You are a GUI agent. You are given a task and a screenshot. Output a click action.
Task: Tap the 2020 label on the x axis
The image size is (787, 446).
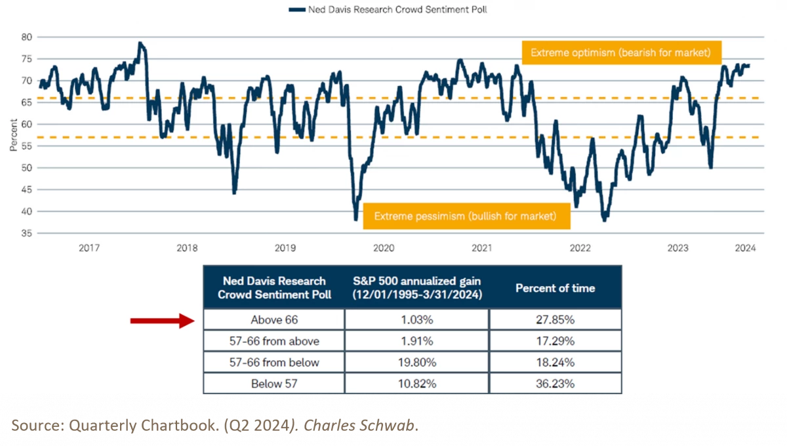(383, 248)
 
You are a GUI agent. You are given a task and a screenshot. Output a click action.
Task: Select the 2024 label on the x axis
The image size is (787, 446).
(745, 248)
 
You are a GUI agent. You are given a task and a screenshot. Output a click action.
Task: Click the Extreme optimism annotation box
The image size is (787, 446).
(620, 52)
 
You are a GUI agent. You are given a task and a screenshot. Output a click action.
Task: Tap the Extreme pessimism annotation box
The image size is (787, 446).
(465, 216)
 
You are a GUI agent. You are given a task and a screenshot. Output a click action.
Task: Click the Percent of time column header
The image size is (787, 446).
(555, 288)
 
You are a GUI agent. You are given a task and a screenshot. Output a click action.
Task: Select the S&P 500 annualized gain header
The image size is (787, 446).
(416, 288)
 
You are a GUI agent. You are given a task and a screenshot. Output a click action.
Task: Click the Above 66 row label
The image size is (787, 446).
(273, 320)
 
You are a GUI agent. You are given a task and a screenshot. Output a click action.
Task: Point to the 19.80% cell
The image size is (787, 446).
(416, 363)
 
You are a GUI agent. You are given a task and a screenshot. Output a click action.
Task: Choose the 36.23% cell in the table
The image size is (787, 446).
(555, 384)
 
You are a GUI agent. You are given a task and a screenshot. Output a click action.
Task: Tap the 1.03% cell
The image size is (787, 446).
(416, 320)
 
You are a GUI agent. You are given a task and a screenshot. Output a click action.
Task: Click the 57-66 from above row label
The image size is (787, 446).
(273, 341)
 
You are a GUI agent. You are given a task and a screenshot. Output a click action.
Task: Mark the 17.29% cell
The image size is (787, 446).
(555, 341)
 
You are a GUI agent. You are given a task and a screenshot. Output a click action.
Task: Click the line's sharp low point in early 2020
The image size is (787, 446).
(356, 220)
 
